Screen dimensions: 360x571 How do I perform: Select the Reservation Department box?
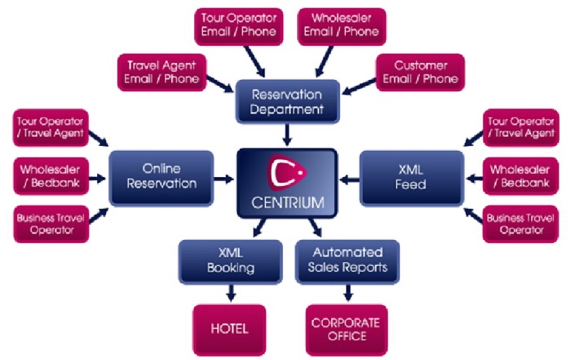(x=287, y=102)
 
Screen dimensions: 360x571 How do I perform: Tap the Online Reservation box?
(x=161, y=176)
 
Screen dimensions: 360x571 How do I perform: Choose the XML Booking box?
(x=230, y=260)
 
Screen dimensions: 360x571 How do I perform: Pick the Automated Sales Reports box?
(x=347, y=260)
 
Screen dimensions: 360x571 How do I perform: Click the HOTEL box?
(x=230, y=329)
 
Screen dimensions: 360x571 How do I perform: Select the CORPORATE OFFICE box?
(x=346, y=329)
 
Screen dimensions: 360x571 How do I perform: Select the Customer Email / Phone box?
(x=420, y=72)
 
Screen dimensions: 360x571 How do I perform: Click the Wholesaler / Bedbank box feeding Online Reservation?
(x=51, y=176)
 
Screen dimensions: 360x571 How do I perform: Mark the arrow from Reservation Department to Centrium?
(x=287, y=135)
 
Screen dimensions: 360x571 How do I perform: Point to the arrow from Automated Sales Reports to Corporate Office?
(x=347, y=293)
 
